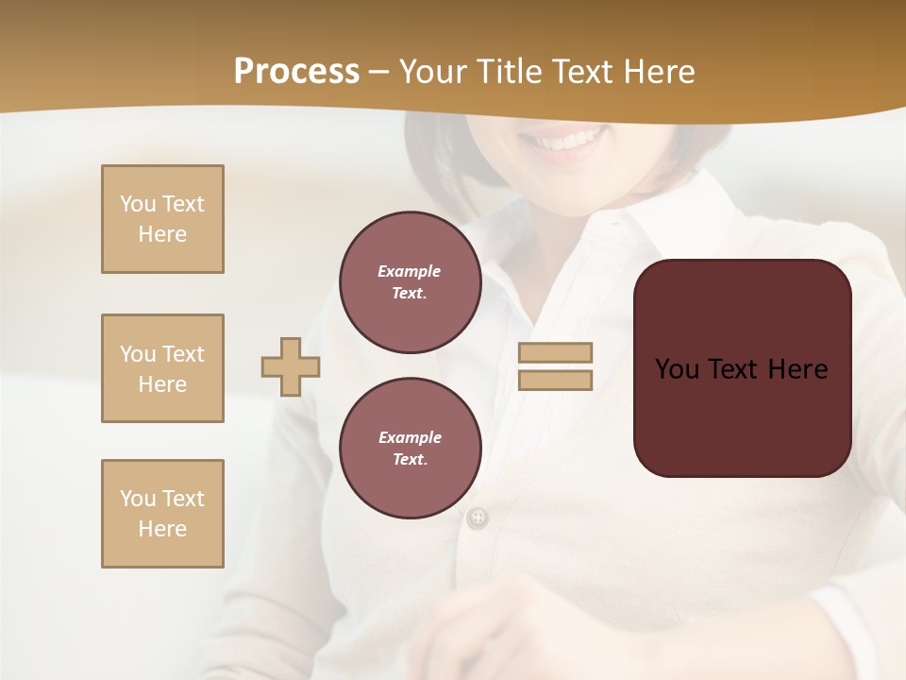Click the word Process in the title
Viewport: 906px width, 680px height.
tap(296, 72)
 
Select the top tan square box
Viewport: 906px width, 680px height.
tap(162, 219)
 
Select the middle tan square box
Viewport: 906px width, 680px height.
tap(162, 368)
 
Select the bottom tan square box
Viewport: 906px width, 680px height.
tap(162, 514)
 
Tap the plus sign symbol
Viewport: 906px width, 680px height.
tap(291, 366)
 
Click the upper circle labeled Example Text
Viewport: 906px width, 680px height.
tap(410, 282)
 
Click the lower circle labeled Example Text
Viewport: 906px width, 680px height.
tap(410, 449)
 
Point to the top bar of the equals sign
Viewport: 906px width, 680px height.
tap(555, 352)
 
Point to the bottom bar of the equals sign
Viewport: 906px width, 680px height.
tap(555, 380)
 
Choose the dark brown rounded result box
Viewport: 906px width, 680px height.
tap(742, 368)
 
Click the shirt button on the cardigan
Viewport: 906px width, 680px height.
tap(478, 517)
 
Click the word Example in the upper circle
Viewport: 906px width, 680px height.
tap(409, 271)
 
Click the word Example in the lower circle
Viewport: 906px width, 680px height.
tap(410, 437)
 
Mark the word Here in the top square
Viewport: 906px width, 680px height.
tap(162, 234)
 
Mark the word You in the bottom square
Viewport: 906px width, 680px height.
tap(137, 499)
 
